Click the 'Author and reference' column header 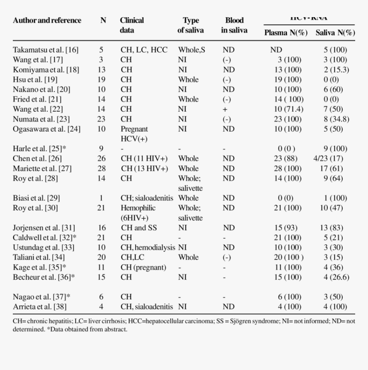point(47,21)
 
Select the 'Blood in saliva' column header point(234,25)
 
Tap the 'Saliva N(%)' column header point(335,33)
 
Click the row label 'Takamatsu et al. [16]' point(46,50)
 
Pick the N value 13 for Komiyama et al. point(101,69)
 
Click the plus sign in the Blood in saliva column point(225,109)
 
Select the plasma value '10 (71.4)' point(289,109)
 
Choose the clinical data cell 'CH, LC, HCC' point(144,50)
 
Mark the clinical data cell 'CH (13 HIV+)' point(144,169)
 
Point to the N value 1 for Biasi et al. point(101,198)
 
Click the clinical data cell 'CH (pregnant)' point(143,267)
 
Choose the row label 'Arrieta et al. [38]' point(40,307)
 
